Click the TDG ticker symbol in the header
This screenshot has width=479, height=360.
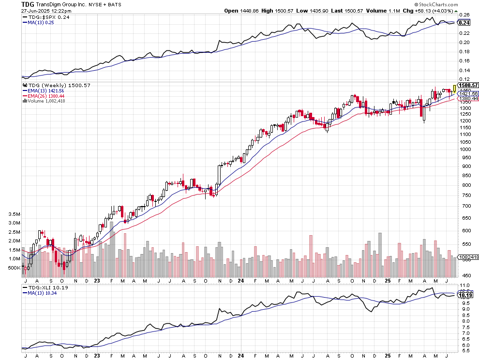(x=27, y=4)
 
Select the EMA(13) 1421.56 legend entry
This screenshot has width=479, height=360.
(x=46, y=90)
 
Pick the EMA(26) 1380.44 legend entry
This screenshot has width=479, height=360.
(x=46, y=96)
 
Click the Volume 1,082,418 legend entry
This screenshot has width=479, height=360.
(x=47, y=101)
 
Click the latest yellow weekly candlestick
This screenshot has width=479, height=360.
(x=454, y=89)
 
